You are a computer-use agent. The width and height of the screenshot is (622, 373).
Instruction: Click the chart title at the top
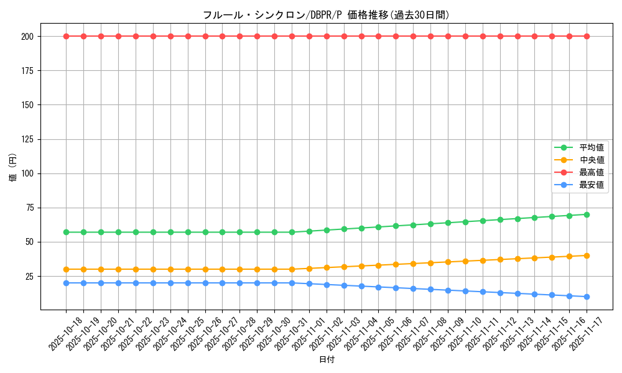[x=326, y=15]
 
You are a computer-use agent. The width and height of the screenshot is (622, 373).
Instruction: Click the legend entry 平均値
[x=592, y=147]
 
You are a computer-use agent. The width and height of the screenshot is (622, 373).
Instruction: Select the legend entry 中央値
[x=592, y=160]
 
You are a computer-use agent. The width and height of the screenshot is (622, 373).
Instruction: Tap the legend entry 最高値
[x=592, y=172]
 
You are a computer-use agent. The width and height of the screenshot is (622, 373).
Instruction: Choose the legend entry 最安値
[x=592, y=185]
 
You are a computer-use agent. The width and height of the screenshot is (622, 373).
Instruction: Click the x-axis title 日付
[x=327, y=360]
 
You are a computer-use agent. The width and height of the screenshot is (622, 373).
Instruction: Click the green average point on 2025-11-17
[x=587, y=214]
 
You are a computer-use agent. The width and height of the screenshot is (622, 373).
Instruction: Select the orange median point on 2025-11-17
[x=587, y=256]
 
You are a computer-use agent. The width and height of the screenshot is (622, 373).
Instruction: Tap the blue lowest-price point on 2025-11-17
[x=587, y=297]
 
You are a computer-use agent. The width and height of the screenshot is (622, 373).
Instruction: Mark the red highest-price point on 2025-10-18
[x=66, y=36]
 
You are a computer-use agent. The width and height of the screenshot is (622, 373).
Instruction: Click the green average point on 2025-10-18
[x=66, y=232]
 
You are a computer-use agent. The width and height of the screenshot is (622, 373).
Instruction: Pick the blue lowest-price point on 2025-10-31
[x=292, y=283]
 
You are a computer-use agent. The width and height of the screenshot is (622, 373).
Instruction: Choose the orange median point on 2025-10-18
[x=66, y=269]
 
